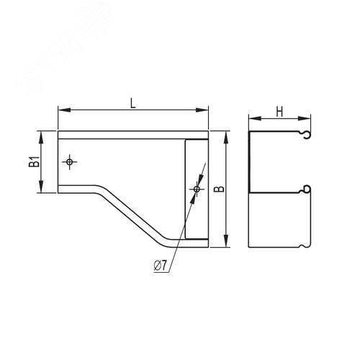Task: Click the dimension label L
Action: [133, 103]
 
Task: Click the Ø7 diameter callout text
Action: [160, 266]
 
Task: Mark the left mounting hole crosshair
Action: [69, 161]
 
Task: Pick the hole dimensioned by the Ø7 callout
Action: [196, 189]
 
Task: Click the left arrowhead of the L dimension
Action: [61, 111]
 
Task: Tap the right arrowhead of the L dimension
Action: [203, 111]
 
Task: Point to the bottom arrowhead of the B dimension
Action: [227, 243]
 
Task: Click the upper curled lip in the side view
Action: [307, 135]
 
